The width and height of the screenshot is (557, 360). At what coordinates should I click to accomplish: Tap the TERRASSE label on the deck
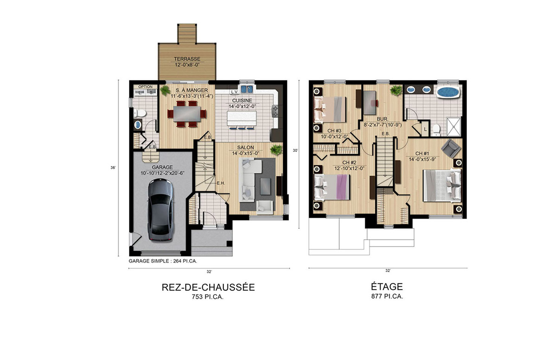point(187,62)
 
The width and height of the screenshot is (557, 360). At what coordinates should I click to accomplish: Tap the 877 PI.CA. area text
point(387,297)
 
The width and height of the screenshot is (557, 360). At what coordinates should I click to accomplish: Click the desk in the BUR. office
point(370,102)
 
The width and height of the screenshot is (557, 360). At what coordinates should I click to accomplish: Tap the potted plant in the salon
point(276,149)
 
